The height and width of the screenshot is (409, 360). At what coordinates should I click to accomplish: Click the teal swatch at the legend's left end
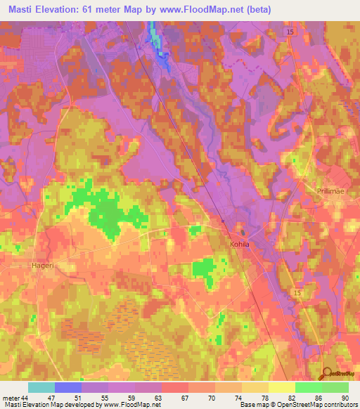pos(41,387)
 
